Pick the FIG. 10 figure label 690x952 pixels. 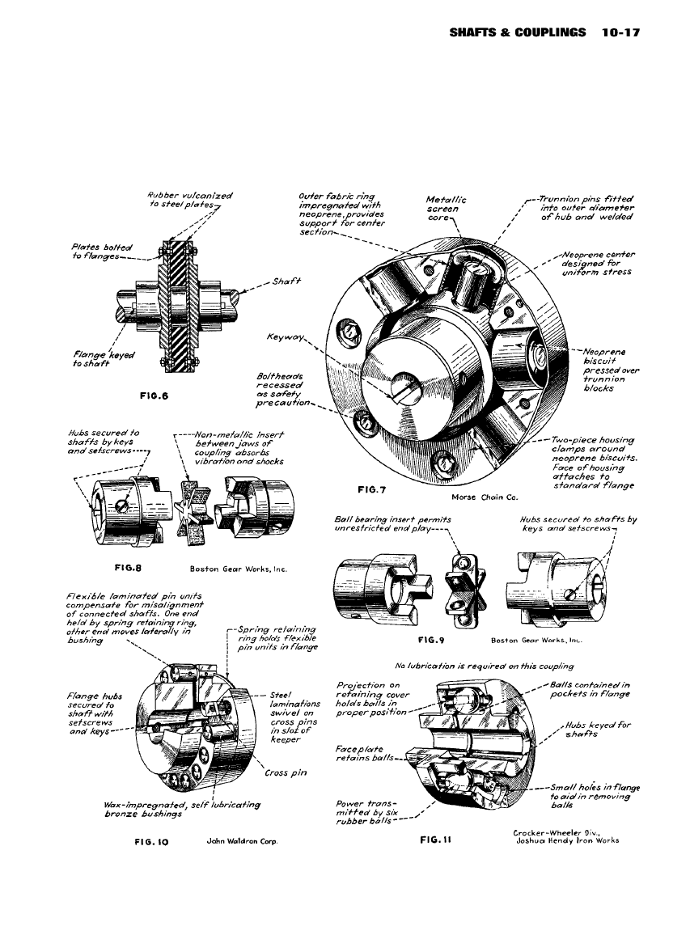[150, 841]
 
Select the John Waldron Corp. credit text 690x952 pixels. [243, 841]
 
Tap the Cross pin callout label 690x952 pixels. [286, 772]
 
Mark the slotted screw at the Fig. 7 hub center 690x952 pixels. [408, 393]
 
